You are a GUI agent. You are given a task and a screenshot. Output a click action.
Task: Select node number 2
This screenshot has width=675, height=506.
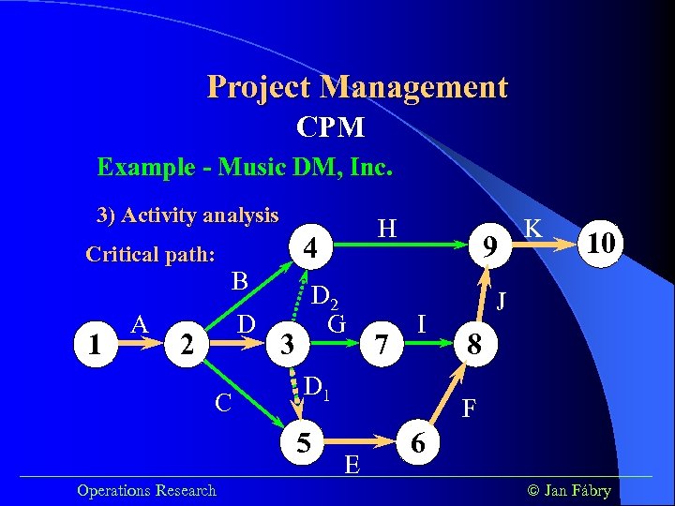coord(187,345)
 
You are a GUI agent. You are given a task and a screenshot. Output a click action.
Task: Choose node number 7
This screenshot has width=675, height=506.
coord(380,345)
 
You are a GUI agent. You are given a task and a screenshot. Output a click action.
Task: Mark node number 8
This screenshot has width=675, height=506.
coord(475,345)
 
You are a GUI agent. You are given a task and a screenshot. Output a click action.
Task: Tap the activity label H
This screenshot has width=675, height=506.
coord(386,227)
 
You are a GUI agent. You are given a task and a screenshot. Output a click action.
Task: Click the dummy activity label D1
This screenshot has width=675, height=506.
coord(318,385)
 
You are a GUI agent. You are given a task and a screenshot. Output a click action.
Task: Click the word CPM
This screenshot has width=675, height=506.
coord(330,126)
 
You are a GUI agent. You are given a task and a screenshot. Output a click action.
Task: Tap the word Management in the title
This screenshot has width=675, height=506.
coord(413,87)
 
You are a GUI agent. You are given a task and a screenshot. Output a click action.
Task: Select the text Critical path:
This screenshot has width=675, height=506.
coord(150,255)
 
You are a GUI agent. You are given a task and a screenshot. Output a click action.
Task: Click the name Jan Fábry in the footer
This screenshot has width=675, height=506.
coord(576,490)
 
